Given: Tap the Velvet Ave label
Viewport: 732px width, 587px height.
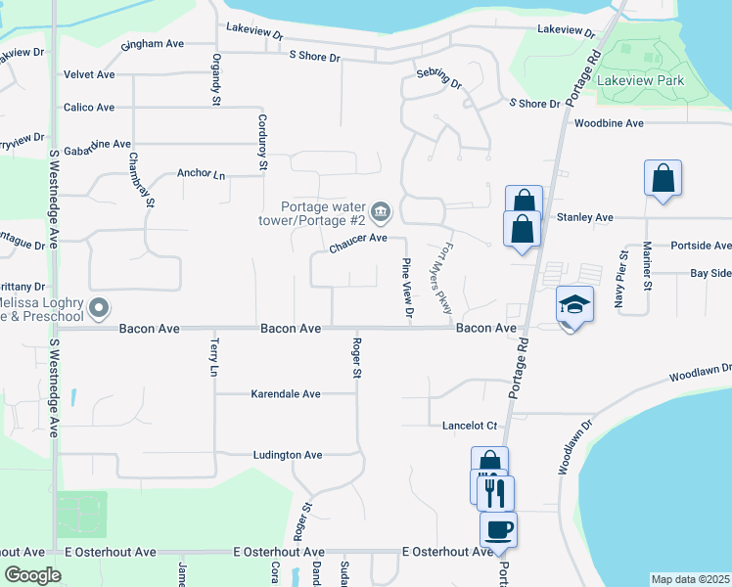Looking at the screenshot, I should coord(89,74).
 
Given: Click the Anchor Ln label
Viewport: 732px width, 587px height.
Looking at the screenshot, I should coord(201,174).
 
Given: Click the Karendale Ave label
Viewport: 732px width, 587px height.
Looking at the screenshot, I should coord(286,394).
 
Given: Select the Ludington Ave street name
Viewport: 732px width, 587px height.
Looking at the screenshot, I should coord(288,455).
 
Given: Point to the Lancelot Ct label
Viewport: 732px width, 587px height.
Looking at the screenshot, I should coord(471,425).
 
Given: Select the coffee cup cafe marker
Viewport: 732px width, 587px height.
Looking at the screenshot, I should coord(498,529).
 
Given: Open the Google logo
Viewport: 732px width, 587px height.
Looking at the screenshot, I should coord(33,575).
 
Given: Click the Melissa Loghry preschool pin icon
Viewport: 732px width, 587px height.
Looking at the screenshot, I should coord(98,309).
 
